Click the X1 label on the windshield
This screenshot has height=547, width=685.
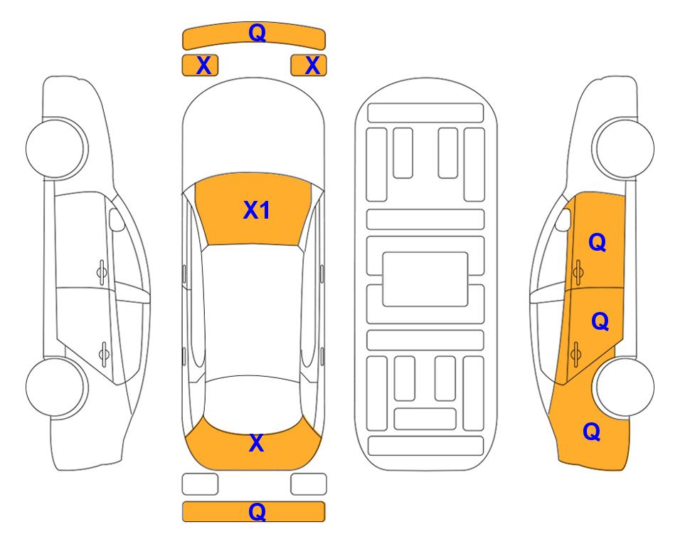257,210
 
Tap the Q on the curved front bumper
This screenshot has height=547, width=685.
257,32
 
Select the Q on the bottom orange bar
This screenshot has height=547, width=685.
257,511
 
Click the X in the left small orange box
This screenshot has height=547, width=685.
203,66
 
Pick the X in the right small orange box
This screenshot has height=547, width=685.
312,66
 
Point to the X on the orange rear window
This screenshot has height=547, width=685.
257,443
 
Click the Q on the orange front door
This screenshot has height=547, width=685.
598,242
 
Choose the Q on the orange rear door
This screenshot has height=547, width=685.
600,321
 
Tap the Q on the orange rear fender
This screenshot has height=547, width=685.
592,432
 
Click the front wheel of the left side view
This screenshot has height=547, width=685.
56,148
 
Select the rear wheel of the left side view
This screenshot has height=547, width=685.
56,387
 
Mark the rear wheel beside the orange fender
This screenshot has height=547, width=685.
625,387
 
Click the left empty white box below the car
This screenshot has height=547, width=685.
200,484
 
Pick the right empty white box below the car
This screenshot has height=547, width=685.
309,484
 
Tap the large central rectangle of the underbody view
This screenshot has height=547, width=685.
425,279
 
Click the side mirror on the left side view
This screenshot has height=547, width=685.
117,219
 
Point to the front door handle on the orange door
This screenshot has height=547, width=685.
578,272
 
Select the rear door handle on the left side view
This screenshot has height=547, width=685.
104,353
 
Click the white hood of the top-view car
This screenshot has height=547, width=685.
253,131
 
